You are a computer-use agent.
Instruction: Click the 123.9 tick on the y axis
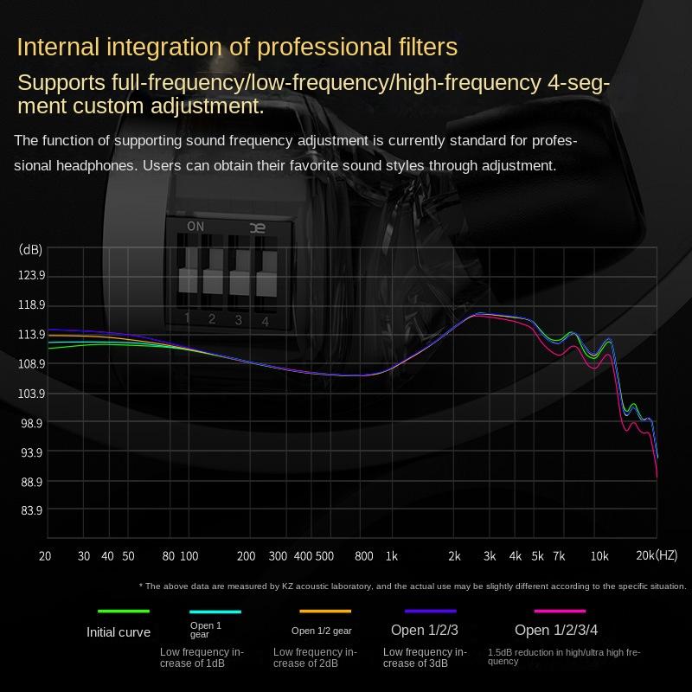[x=31, y=276]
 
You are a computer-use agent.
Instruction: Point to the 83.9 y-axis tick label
[x=31, y=510]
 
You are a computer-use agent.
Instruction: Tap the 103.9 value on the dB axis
[x=31, y=394]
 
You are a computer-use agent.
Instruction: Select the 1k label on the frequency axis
[x=392, y=555]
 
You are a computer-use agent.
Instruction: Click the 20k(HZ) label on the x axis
[x=657, y=555]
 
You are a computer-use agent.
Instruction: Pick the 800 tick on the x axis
[x=364, y=555]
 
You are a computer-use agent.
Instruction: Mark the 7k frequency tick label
[x=559, y=555]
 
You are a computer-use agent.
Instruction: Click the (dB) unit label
[x=30, y=250]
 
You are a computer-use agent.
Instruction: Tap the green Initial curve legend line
[x=124, y=612]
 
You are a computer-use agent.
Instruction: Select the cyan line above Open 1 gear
[x=215, y=612]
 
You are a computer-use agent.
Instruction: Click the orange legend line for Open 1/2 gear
[x=325, y=612]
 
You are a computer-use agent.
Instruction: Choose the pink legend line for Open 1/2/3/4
[x=560, y=612]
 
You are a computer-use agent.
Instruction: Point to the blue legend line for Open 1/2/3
[x=430, y=612]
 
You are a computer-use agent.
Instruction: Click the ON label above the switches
[x=195, y=227]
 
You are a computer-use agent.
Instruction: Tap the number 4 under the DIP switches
[x=266, y=322]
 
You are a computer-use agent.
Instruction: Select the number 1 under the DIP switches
[x=187, y=318]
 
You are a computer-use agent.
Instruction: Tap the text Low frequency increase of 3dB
[x=425, y=657]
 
